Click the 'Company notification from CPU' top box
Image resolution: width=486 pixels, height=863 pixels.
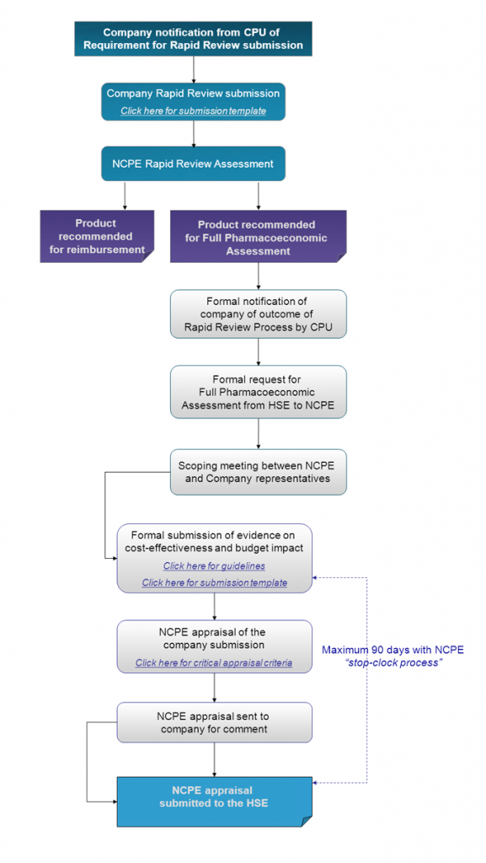point(193,39)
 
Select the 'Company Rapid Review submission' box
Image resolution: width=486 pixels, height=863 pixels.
point(193,101)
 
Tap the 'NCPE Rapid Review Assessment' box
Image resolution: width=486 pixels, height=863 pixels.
point(193,164)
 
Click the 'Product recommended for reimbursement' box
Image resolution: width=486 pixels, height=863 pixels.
point(96,236)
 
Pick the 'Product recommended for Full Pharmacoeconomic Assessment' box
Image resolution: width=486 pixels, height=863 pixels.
point(258,237)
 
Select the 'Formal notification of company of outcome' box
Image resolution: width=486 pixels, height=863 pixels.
point(258,314)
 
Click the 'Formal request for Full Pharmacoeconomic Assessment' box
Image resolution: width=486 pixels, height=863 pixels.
point(258,391)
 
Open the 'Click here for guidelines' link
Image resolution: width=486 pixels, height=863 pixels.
point(214,566)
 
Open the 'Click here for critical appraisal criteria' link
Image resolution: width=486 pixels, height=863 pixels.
point(214,663)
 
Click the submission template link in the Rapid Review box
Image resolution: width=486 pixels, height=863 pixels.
point(193,111)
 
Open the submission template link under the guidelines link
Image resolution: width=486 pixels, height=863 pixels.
point(214,583)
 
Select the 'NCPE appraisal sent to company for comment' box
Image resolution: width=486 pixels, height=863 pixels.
point(214,722)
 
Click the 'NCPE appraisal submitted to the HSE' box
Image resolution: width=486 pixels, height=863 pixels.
point(214,796)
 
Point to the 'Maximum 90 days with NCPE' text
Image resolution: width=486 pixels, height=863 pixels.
point(393,650)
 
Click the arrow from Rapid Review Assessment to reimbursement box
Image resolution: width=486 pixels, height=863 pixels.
point(125,195)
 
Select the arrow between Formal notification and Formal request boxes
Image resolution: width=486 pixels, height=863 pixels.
point(258,351)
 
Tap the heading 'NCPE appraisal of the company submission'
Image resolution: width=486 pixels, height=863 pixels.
point(214,639)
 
